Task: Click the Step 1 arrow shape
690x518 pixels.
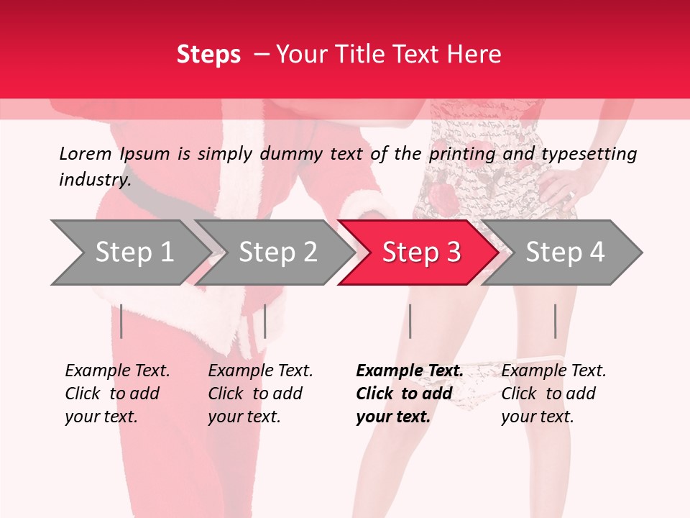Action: (x=129, y=253)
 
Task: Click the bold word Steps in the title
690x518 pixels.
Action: (x=208, y=55)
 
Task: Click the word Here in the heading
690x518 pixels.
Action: (x=474, y=55)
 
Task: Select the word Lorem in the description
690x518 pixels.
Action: (x=86, y=154)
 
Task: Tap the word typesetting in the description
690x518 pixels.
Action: (x=589, y=154)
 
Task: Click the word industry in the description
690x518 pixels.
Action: (x=93, y=179)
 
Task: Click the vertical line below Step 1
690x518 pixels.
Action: (x=121, y=321)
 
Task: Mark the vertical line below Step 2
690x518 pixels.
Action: (x=265, y=321)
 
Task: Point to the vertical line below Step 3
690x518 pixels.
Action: (x=410, y=321)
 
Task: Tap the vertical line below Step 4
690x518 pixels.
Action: (x=555, y=321)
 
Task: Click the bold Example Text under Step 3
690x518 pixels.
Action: (x=410, y=394)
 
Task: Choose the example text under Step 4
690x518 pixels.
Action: (x=553, y=394)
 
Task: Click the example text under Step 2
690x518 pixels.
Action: (x=260, y=394)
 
